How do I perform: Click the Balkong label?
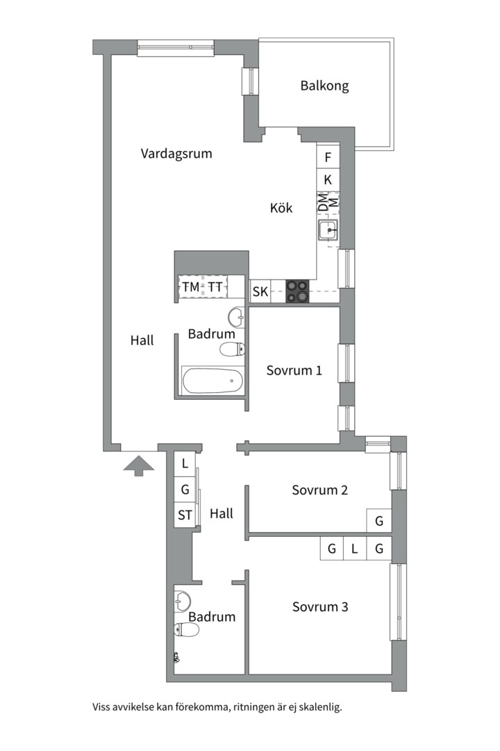point(324,86)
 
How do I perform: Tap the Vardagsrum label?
point(176,154)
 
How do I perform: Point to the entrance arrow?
point(139,465)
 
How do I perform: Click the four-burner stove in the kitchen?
point(298,291)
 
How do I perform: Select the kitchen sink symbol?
point(328,231)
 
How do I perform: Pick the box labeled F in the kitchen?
point(328,157)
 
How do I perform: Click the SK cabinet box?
point(260,291)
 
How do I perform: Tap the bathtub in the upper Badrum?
point(212,380)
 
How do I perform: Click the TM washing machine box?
point(191,287)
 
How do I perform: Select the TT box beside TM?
point(215,287)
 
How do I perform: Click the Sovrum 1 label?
point(294,370)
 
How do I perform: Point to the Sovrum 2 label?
point(319,490)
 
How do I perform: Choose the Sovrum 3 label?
point(320,607)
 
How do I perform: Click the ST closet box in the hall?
point(185,515)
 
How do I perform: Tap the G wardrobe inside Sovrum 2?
point(379,521)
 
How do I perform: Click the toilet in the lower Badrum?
point(187,630)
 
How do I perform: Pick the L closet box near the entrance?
point(185,464)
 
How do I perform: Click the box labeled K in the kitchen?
point(328,179)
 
